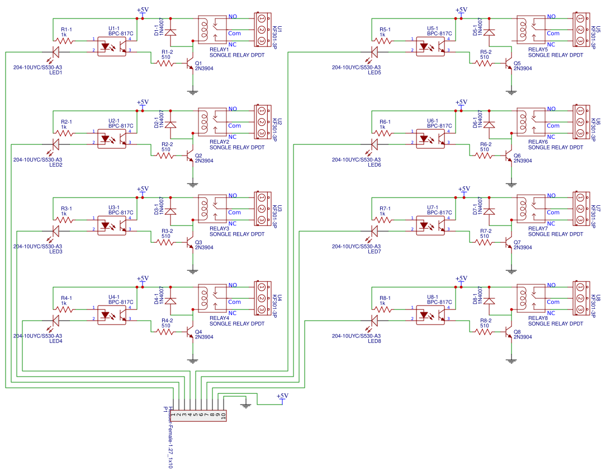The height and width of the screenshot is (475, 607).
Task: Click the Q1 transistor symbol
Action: click(191, 63)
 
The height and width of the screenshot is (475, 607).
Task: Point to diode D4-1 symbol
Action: click(171, 300)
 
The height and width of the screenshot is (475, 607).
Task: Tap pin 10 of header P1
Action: click(224, 415)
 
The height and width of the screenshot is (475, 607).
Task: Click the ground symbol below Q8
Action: click(511, 360)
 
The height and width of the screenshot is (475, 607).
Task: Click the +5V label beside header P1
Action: click(283, 396)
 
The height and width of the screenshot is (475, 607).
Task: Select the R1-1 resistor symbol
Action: click(65, 40)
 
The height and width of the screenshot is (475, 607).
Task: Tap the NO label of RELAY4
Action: click(233, 285)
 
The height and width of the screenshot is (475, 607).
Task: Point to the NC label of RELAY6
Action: click(551, 137)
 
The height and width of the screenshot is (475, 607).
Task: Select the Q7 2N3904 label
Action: click(523, 247)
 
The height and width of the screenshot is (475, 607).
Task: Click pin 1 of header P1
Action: click(174, 415)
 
